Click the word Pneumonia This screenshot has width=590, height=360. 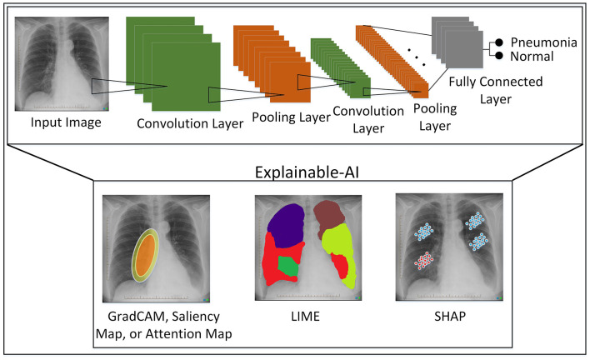[x=545, y=41]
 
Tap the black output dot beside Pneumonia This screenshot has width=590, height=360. [x=499, y=42]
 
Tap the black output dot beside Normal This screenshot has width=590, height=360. [x=499, y=57]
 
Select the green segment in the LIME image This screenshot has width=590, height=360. [x=287, y=267]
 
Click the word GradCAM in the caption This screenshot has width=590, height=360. [x=132, y=317]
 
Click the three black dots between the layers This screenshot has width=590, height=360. [x=413, y=55]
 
